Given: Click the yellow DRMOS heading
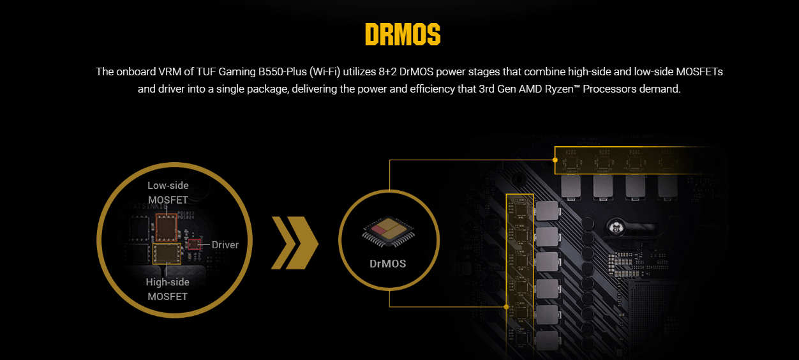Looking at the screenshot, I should pos(403,35).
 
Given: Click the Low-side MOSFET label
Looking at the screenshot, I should pos(168,192).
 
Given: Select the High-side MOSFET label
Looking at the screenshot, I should pos(168,289).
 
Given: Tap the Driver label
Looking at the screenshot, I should pos(225,244).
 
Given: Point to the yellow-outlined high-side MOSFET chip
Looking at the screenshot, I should pos(167,253).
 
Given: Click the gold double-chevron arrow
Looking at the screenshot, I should pos(295,243).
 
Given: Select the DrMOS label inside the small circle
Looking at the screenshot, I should pos(388,264).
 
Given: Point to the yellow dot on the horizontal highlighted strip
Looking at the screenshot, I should pos(555,161).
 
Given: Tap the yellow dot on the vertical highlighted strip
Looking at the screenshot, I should pos(506,306).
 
